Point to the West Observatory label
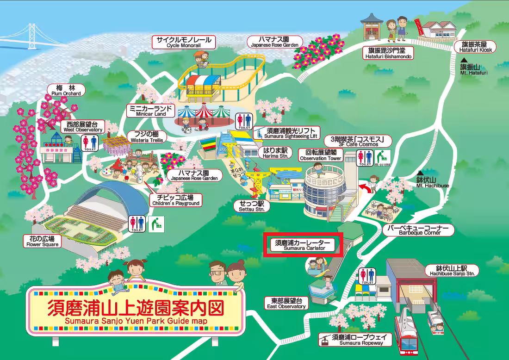83,127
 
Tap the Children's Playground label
175,200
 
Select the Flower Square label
43,241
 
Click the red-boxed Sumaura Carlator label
303,245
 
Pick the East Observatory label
287,303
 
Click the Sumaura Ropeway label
355,340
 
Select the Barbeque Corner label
419,230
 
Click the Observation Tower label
321,155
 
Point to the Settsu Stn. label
252,206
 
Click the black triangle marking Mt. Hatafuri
463,60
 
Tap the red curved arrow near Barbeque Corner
365,186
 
